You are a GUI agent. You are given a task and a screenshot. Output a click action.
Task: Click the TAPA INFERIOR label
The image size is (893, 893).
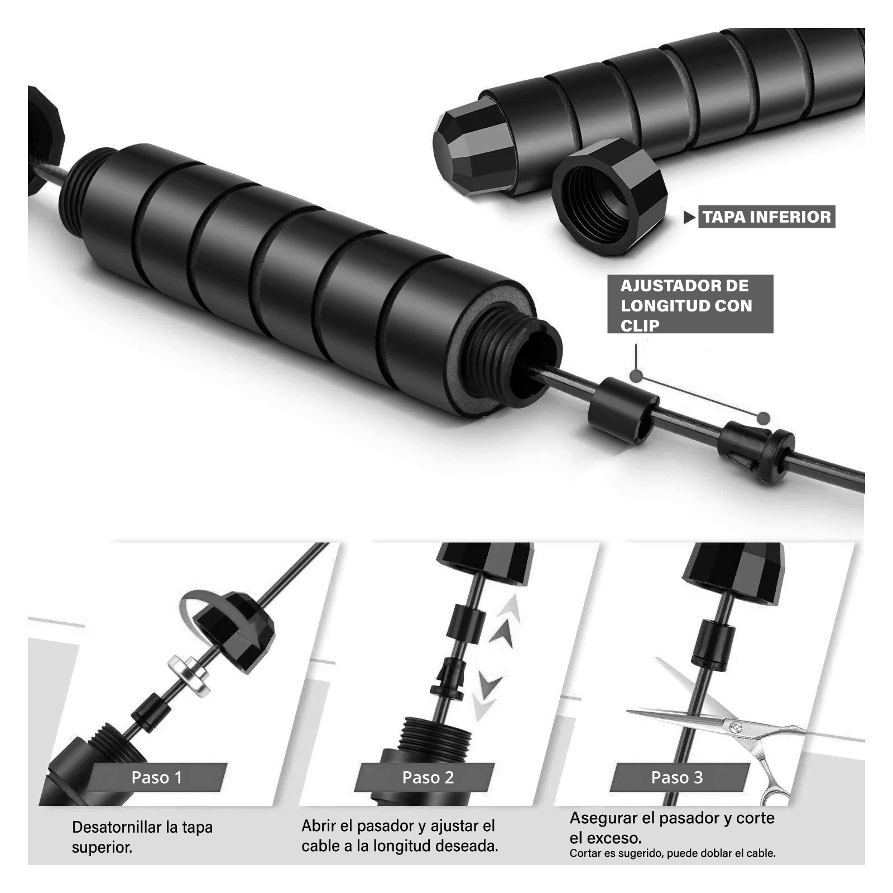click(x=766, y=217)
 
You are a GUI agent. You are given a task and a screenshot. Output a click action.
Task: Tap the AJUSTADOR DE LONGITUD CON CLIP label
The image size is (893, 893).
click(x=690, y=304)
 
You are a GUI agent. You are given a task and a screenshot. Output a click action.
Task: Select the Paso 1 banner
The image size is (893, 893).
click(x=157, y=777)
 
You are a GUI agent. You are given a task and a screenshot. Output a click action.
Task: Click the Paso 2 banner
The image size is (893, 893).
click(x=428, y=777)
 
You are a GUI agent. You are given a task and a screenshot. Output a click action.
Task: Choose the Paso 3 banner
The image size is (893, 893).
click(x=676, y=777)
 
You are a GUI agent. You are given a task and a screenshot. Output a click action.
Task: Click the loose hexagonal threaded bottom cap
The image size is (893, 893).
click(x=610, y=196)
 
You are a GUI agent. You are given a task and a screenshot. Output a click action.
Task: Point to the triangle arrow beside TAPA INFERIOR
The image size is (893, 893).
click(x=689, y=217)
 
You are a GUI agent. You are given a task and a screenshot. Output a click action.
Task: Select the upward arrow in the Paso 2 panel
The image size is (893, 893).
click(x=506, y=622)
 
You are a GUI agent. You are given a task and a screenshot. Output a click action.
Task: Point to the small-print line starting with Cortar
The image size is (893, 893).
click(x=673, y=853)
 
